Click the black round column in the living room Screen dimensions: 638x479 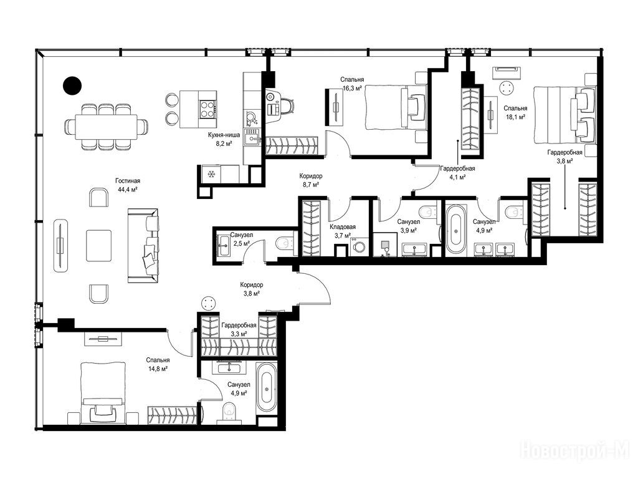(72, 85)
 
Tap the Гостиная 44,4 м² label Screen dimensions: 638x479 (127, 185)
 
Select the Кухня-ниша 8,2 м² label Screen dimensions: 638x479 (224, 139)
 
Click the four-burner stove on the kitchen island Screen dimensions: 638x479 (207, 109)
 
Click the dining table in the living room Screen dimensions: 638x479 (106, 127)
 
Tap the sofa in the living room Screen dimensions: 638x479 (143, 246)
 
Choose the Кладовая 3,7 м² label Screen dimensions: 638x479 (343, 231)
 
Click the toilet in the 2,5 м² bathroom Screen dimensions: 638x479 (285, 244)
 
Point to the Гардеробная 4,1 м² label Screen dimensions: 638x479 (457, 173)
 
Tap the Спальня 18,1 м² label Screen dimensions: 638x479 (515, 112)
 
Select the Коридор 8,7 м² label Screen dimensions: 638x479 (311, 180)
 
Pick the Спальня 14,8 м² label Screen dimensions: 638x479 (158, 364)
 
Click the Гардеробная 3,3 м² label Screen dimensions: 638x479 (239, 329)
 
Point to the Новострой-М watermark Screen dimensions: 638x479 (575, 450)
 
